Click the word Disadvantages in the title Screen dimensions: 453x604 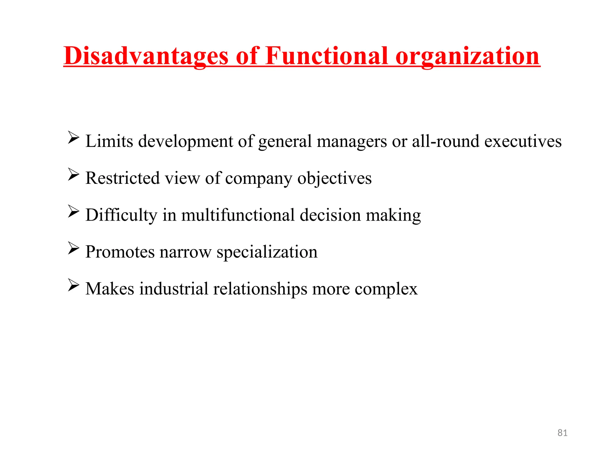[x=146, y=56]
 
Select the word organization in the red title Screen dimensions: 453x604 [x=468, y=56]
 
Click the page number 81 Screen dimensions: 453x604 [x=562, y=433]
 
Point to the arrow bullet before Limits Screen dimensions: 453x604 [x=73, y=138]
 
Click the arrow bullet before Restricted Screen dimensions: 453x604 [x=73, y=175]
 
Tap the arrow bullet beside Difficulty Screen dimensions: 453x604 [x=73, y=211]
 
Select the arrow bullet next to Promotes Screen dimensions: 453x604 [x=73, y=248]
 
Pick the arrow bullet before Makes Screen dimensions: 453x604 [x=73, y=285]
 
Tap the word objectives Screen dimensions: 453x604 [x=334, y=179]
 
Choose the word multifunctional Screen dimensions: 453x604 [x=238, y=215]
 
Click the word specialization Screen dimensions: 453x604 [x=267, y=252]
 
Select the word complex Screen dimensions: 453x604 [x=386, y=289]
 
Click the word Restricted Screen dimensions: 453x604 [x=123, y=178]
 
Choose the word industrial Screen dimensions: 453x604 [x=174, y=289]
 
